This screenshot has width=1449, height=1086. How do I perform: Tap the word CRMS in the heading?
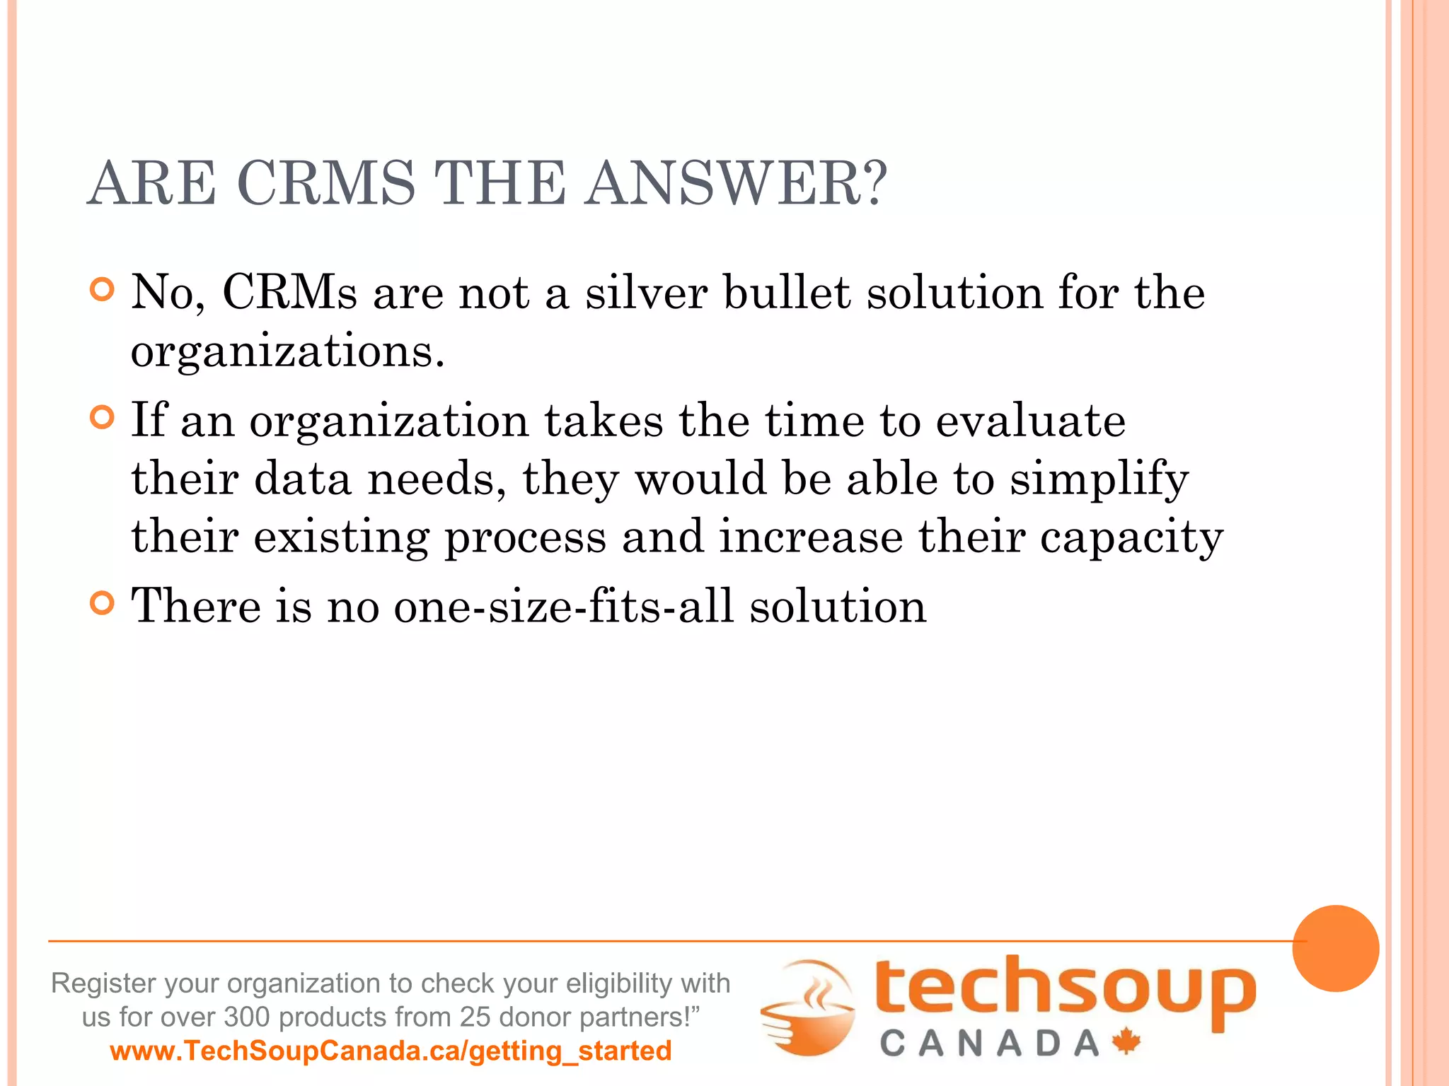tap(326, 183)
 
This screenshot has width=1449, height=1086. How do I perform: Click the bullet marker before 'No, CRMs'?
tap(103, 290)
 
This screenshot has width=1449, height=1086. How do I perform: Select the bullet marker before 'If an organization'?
tap(103, 418)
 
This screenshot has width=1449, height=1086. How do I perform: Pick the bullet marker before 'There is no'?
tap(103, 603)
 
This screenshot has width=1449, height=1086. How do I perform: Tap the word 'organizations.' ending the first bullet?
tap(288, 351)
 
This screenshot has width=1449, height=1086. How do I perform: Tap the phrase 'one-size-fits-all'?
tap(563, 606)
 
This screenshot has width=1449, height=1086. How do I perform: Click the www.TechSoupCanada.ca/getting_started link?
tap(391, 1051)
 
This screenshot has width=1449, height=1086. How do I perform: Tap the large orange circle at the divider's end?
tap(1335, 948)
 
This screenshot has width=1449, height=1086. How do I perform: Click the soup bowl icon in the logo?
tap(809, 1008)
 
